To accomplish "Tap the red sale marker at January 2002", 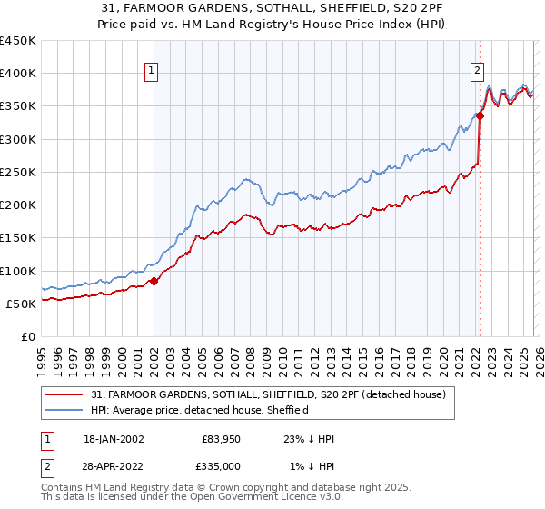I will (x=154, y=281).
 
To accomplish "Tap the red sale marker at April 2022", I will (x=480, y=116).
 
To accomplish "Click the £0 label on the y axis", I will (x=29, y=336).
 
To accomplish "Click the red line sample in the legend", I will (x=65, y=395).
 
